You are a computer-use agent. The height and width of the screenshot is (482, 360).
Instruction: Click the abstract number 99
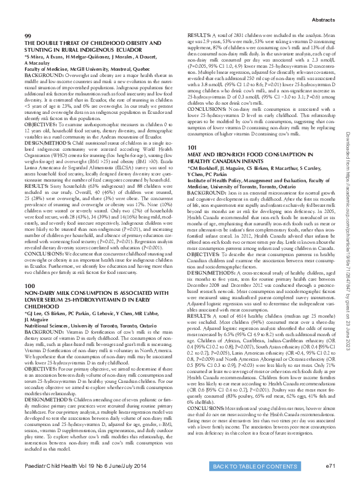coord(28,37)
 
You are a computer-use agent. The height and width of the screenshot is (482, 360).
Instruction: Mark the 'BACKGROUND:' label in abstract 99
coord(41,76)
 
